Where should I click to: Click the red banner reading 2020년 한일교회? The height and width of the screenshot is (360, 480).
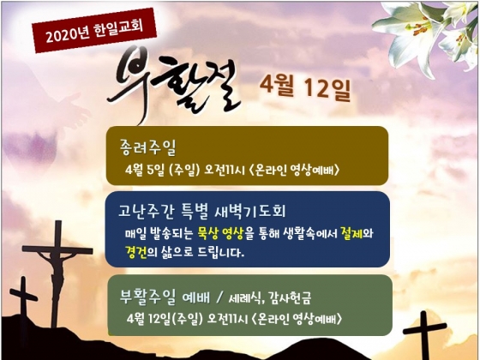coord(94,31)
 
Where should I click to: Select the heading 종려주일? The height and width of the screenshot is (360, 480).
coord(147,147)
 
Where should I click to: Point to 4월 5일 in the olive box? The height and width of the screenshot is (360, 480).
coord(144,171)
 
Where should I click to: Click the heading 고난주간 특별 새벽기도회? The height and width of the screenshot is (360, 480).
coord(201,211)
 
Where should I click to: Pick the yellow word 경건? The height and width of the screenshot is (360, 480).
coord(136,252)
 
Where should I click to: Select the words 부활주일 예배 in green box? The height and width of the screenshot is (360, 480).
coord(165,297)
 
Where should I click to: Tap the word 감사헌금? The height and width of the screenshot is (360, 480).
coord(290,297)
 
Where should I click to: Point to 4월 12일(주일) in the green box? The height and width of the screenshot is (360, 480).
coord(165,319)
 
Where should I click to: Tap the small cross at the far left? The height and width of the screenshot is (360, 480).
coord(23,303)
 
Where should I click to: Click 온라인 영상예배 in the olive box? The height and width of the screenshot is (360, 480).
coord(294,171)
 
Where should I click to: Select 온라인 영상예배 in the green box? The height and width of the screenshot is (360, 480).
coord(297,319)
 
